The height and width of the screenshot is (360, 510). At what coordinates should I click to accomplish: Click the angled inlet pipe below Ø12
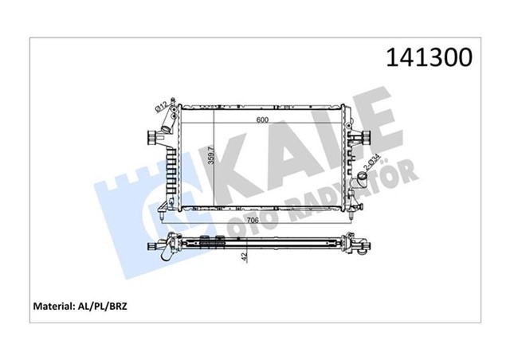[165, 123]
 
